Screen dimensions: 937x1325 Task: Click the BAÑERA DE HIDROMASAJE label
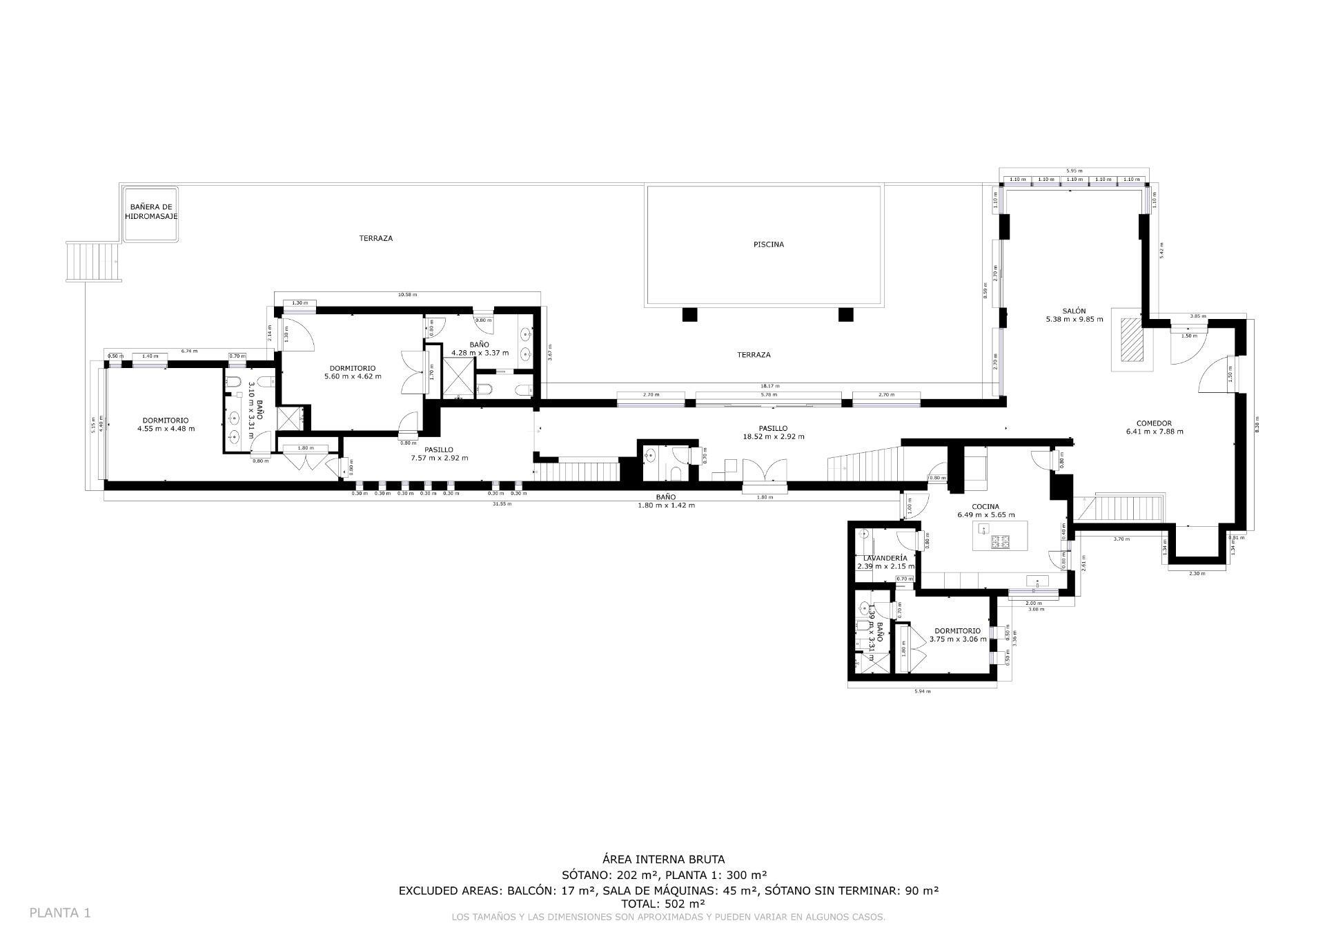[x=151, y=211]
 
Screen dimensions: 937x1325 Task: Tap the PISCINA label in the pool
[x=768, y=244]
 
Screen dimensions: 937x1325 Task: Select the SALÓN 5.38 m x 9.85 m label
[x=1074, y=315]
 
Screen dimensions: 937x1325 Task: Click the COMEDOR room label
[x=1154, y=427]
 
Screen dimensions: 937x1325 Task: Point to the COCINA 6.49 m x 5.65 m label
[x=985, y=510]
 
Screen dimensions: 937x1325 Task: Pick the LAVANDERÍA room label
[x=885, y=561]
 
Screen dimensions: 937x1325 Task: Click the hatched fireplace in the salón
[x=1131, y=340]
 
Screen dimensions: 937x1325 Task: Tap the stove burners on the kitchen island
[x=1000, y=542]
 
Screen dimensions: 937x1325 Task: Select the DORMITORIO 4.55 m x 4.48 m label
[x=166, y=424]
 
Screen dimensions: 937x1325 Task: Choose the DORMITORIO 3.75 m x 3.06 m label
[x=957, y=635]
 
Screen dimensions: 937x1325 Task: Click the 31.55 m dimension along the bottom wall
[x=502, y=503]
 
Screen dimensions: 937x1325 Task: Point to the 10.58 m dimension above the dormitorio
[x=408, y=295]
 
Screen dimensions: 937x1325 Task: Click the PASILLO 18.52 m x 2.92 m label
[x=773, y=432]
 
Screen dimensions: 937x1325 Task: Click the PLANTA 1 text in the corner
[x=60, y=913]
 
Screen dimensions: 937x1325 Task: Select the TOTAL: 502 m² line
[x=663, y=903]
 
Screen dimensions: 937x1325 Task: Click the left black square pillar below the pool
[x=690, y=315]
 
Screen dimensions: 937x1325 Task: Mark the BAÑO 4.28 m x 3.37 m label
[x=480, y=348]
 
